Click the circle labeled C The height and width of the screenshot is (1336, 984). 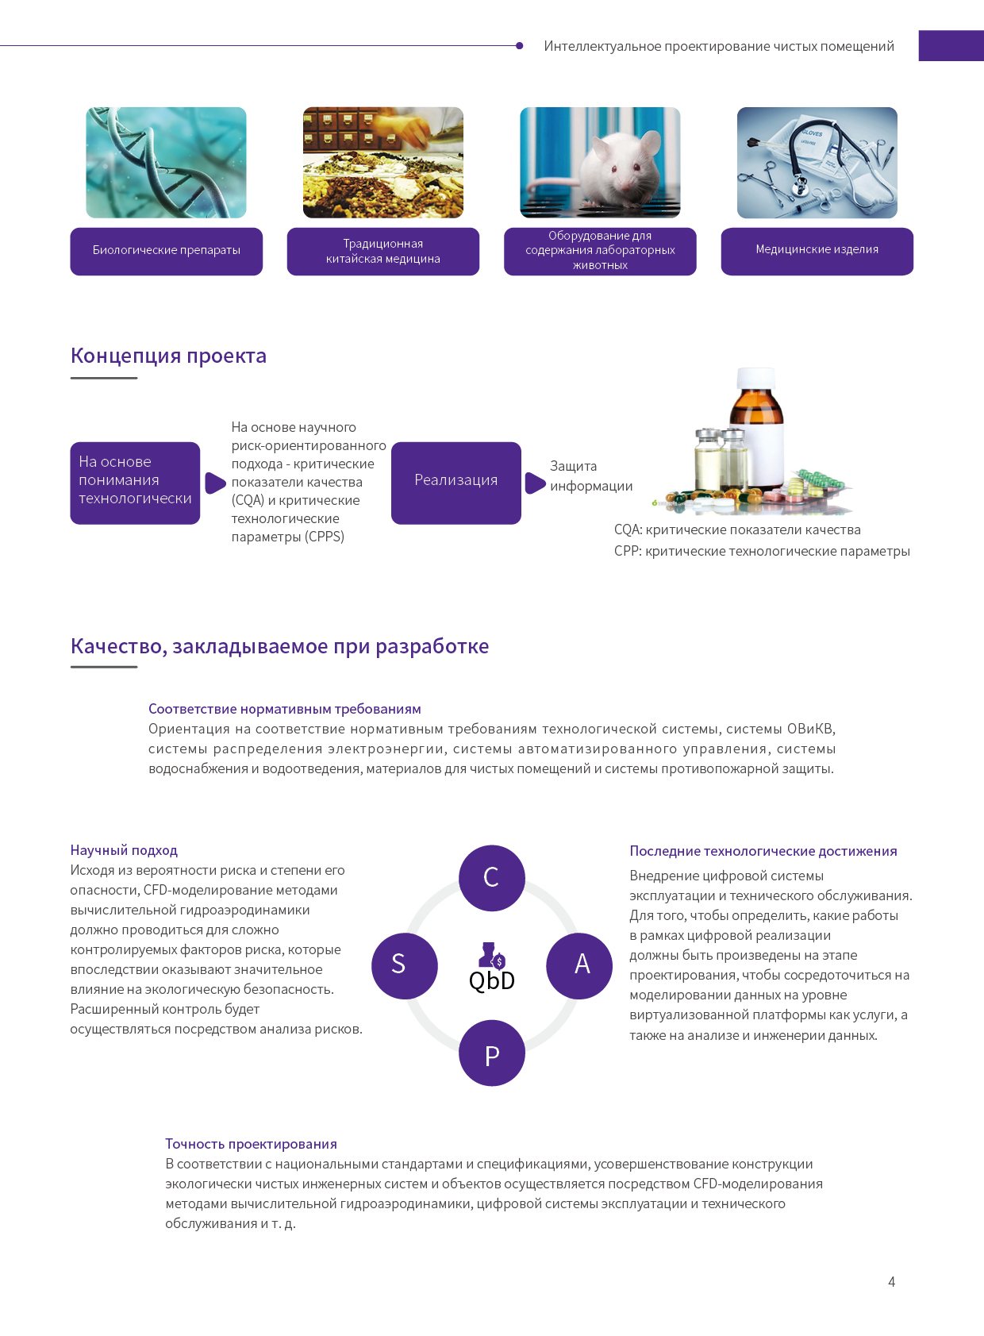pyautogui.click(x=491, y=877)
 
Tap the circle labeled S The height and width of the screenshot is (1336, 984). pyautogui.click(x=405, y=965)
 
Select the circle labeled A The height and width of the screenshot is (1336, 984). pyautogui.click(x=579, y=965)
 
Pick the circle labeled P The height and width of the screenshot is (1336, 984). pyautogui.click(x=491, y=1052)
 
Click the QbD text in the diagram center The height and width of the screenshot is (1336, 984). pyautogui.click(x=491, y=980)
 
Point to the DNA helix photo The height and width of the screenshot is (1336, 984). pyautogui.click(x=166, y=162)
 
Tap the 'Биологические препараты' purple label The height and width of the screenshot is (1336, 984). pyautogui.click(x=167, y=251)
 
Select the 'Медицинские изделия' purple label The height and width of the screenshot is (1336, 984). pyautogui.click(x=817, y=251)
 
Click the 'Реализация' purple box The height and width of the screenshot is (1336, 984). pyautogui.click(x=456, y=483)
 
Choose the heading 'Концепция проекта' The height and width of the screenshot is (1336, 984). pyautogui.click(x=169, y=356)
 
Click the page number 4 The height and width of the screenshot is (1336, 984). pyautogui.click(x=892, y=1281)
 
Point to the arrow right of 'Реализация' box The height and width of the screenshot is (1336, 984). pyautogui.click(x=535, y=483)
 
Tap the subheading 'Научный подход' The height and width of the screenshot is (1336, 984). pyautogui.click(x=124, y=850)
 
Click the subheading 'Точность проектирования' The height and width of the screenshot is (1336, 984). pyautogui.click(x=251, y=1143)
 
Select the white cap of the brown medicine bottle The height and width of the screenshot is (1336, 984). pyautogui.click(x=756, y=378)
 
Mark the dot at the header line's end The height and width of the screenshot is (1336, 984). pyautogui.click(x=520, y=45)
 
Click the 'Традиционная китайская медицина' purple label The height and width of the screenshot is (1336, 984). pyautogui.click(x=382, y=251)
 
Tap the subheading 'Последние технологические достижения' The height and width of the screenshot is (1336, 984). pyautogui.click(x=763, y=850)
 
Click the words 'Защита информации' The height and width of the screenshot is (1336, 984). pyautogui.click(x=591, y=476)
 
